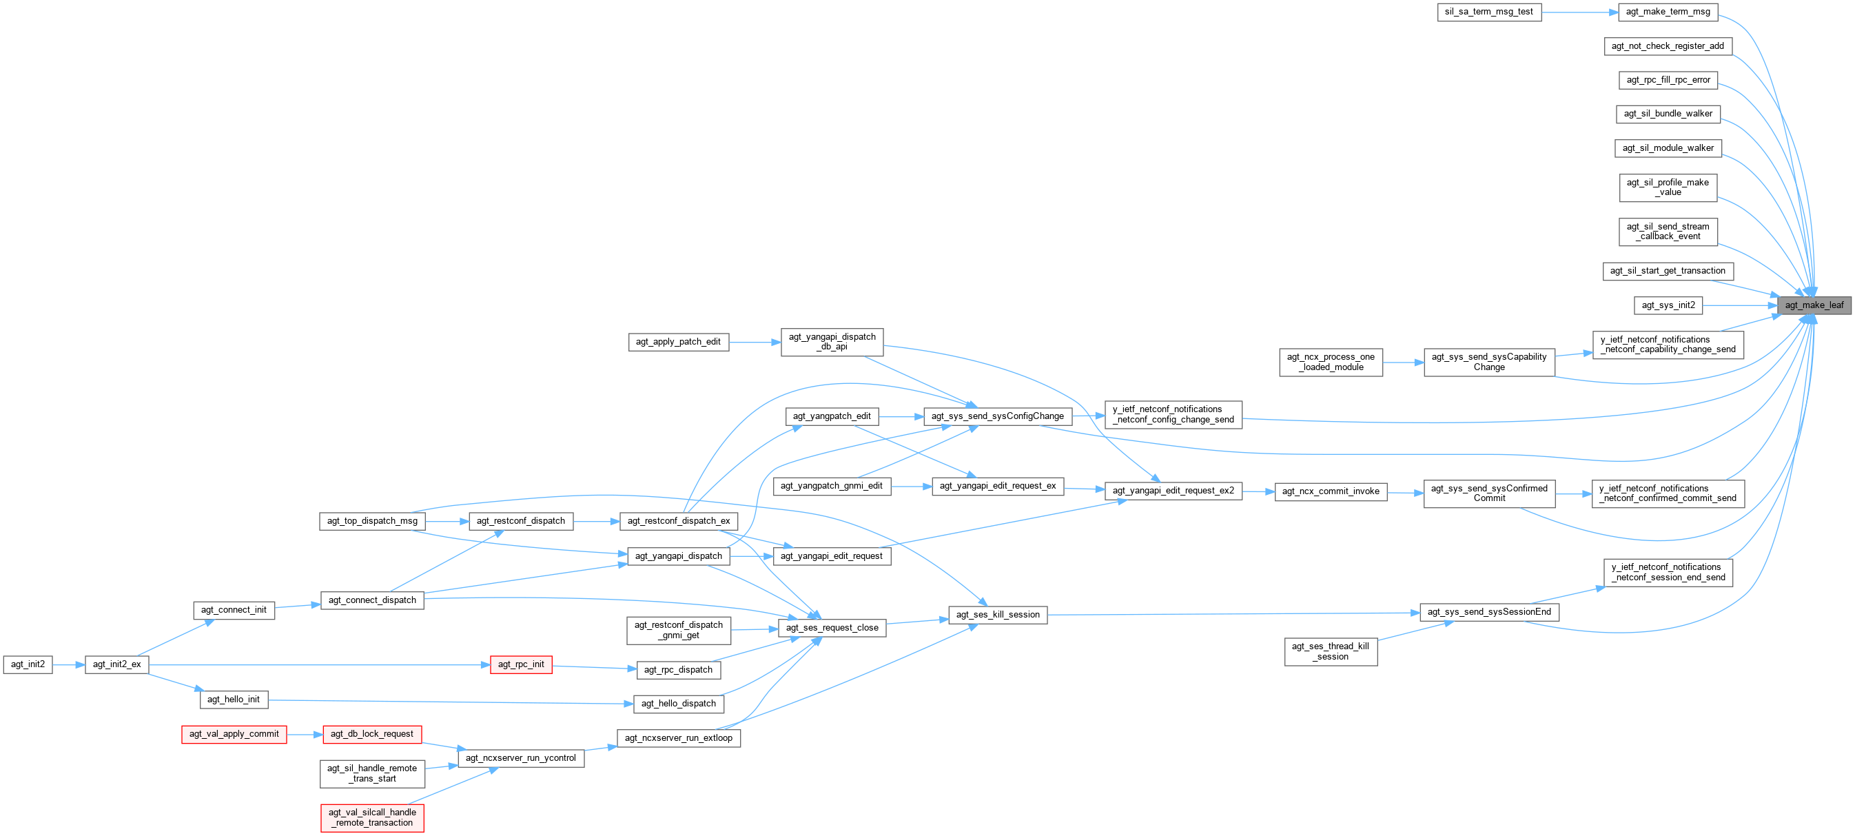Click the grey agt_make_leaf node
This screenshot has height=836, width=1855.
[1814, 305]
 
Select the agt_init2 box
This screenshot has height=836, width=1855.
[28, 664]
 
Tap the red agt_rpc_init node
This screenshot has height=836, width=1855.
[521, 664]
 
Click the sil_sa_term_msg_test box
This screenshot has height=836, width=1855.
[1488, 12]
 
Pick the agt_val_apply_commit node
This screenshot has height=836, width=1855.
[234, 735]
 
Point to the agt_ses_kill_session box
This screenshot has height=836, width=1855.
[997, 615]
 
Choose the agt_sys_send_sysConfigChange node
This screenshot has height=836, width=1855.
[997, 416]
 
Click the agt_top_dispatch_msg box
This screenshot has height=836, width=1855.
[371, 521]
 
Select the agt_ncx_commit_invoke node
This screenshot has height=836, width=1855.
[1331, 492]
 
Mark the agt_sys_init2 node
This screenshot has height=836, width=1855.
[1668, 305]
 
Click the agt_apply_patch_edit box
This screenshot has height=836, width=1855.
[677, 342]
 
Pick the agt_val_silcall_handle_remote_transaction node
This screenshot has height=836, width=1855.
[371, 817]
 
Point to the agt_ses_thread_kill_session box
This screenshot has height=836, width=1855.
[1330, 652]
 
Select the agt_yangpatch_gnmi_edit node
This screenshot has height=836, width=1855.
[831, 486]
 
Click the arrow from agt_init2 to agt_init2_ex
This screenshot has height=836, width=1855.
[69, 664]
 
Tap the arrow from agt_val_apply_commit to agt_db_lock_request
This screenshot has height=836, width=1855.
[305, 735]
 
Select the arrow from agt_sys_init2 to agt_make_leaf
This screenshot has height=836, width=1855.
[1740, 305]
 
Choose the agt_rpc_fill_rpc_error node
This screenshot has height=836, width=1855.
[1668, 80]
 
